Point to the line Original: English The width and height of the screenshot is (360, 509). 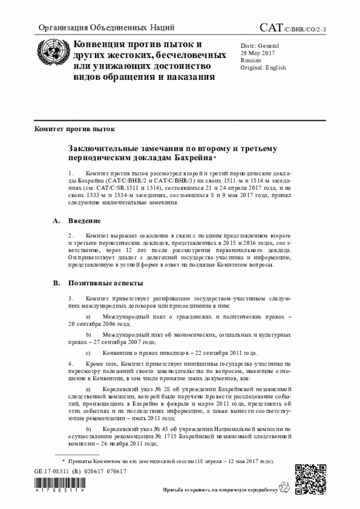coord(263,67)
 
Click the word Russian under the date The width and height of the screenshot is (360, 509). coord(250,60)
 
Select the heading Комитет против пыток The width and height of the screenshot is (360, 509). coord(74,129)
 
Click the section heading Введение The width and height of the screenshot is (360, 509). coord(85,221)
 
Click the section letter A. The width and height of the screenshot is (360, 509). coord(55,221)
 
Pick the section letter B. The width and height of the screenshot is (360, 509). coord(55,282)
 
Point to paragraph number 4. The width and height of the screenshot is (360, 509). coord(70,364)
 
